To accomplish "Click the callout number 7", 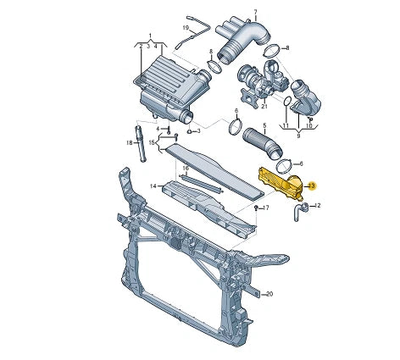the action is [255, 12].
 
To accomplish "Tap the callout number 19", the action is [186, 28].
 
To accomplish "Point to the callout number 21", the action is [264, 106].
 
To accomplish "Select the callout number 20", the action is [269, 294].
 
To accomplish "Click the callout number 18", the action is [129, 143].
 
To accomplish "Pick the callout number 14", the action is [153, 186].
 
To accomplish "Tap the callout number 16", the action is [186, 169].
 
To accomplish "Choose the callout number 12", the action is [318, 206].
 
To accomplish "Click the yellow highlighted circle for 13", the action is [312, 186].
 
